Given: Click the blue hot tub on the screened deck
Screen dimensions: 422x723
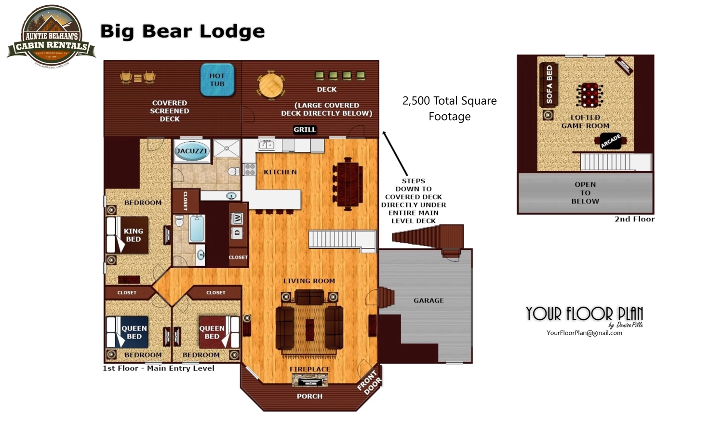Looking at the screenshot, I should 217,80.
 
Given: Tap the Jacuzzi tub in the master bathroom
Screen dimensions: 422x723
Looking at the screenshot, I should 191,151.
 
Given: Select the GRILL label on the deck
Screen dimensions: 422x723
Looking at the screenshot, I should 305,129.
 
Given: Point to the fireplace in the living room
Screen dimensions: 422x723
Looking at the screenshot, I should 309,381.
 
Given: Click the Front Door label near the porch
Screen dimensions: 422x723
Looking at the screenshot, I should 369,382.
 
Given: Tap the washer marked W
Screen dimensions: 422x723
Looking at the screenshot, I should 237,218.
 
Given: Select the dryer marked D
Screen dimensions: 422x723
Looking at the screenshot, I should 237,233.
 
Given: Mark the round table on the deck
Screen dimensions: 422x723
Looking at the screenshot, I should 270,85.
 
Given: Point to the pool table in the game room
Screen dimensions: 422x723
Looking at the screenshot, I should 589,95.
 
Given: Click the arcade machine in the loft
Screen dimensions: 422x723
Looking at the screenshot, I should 610,141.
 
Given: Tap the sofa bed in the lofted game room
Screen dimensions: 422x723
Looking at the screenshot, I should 549,84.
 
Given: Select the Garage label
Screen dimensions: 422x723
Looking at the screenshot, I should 428,300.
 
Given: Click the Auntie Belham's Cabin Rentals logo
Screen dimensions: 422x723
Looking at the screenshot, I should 51,37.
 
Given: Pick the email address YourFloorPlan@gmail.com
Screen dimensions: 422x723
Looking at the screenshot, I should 584,333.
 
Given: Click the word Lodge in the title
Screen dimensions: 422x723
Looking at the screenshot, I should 232,31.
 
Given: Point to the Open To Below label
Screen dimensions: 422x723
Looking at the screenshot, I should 585,193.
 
